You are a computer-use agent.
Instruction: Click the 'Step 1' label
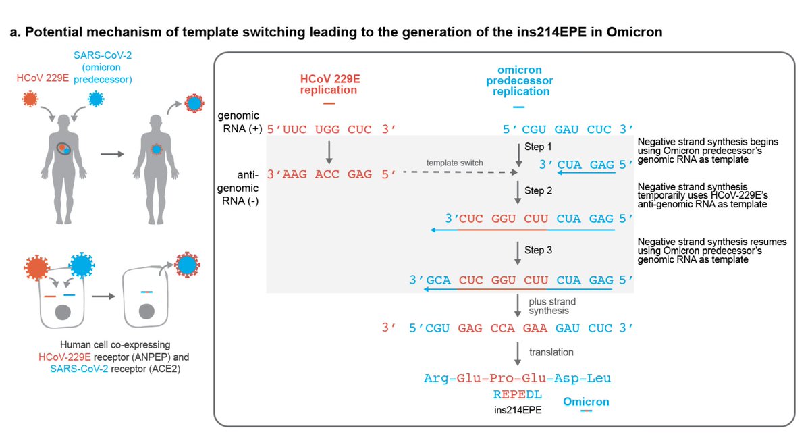pyautogui.click(x=538, y=147)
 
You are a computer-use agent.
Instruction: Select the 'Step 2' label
pyautogui.click(x=538, y=191)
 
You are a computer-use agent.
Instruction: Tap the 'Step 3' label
pyautogui.click(x=538, y=250)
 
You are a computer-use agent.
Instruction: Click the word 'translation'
pyautogui.click(x=551, y=352)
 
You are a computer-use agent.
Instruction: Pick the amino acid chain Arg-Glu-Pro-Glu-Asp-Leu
pyautogui.click(x=518, y=378)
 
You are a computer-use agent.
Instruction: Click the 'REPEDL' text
pyautogui.click(x=518, y=394)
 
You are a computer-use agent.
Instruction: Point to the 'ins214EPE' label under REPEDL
pyautogui.click(x=518, y=409)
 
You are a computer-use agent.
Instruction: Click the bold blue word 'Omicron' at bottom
pyautogui.click(x=586, y=402)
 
